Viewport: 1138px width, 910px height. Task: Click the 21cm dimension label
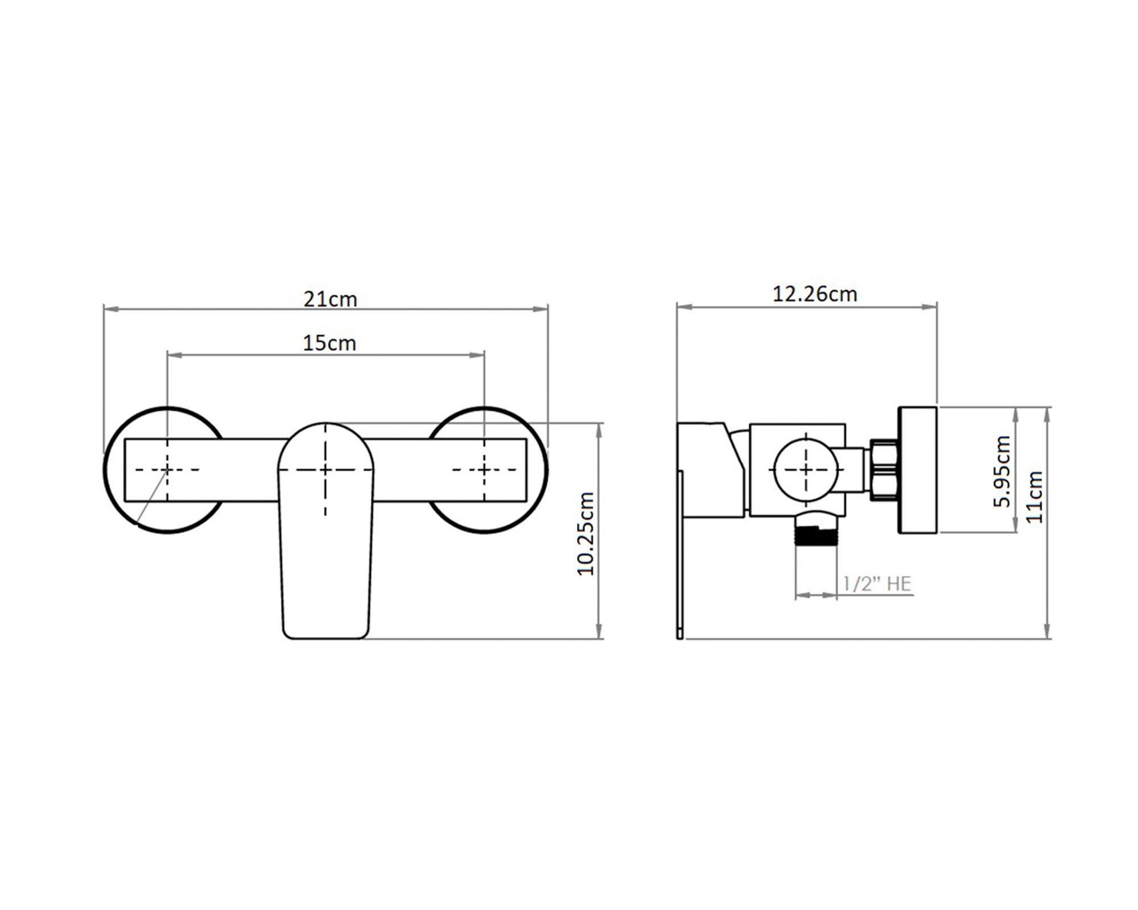click(330, 299)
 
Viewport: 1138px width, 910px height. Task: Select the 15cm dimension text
click(329, 343)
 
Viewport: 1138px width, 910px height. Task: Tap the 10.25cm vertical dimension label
click(586, 534)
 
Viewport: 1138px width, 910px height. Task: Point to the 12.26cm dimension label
click(814, 294)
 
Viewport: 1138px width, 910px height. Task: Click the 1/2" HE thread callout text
click(877, 584)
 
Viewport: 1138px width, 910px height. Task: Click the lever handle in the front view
click(325, 531)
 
